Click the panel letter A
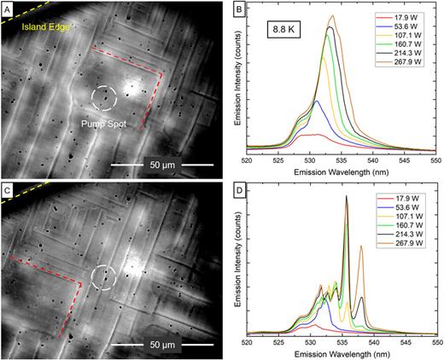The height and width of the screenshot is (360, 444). [8, 8]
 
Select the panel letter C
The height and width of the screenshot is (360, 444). [8, 188]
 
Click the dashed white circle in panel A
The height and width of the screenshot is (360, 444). [105, 98]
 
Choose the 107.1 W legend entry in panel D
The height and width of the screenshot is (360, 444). [403, 218]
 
